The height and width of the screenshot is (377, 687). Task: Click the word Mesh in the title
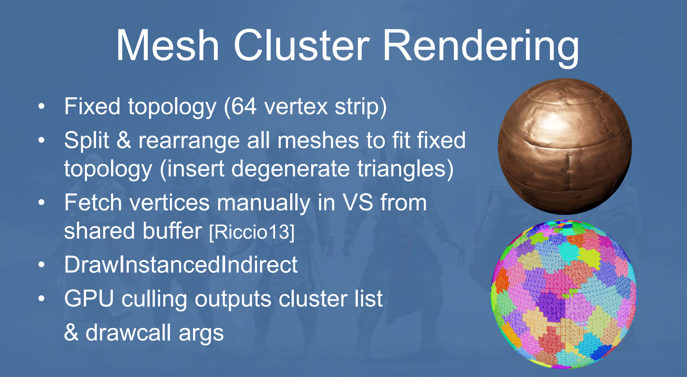point(168,45)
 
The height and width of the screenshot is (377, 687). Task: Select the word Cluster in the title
point(302,45)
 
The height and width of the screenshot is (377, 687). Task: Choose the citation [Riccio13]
point(252,232)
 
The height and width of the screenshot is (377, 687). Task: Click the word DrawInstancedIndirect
point(181,265)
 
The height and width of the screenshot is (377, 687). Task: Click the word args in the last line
point(201,335)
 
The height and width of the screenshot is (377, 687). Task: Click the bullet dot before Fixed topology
point(42,107)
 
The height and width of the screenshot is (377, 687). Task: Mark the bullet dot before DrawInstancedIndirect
point(42,265)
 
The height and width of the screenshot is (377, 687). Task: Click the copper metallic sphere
point(565,147)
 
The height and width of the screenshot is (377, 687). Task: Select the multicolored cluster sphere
point(563,294)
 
